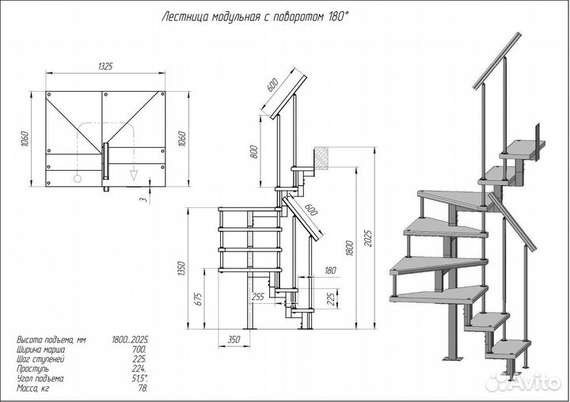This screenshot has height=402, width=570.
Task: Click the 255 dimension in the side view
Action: (x=257, y=297)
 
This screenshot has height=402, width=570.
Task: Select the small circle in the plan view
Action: (x=78, y=178)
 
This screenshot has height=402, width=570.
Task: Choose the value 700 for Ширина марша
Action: (x=139, y=349)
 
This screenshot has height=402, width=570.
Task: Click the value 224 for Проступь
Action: (x=139, y=368)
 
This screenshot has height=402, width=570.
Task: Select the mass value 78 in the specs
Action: (x=142, y=388)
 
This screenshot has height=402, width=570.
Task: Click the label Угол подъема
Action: (x=38, y=378)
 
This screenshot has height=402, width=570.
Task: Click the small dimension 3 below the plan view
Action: (x=143, y=200)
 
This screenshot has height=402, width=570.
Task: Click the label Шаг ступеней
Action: (x=40, y=358)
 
